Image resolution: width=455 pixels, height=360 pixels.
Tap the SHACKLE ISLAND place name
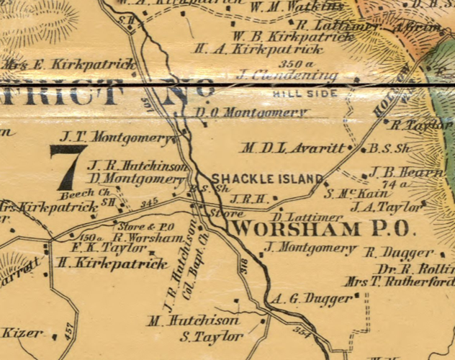266,179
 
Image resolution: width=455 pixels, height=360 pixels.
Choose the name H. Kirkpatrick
114,264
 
